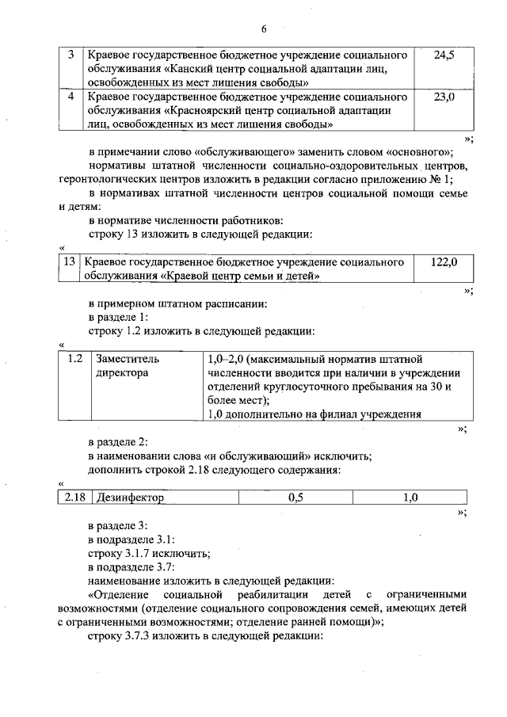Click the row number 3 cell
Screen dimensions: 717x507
coord(71,55)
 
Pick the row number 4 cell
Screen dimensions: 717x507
coord(71,97)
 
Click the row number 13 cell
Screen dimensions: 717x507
coord(69,261)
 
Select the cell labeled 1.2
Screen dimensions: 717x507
coord(75,359)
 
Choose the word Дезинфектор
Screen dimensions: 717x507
coord(129,498)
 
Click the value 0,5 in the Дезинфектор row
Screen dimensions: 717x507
coord(295,498)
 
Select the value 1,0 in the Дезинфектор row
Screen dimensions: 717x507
coord(410,498)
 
